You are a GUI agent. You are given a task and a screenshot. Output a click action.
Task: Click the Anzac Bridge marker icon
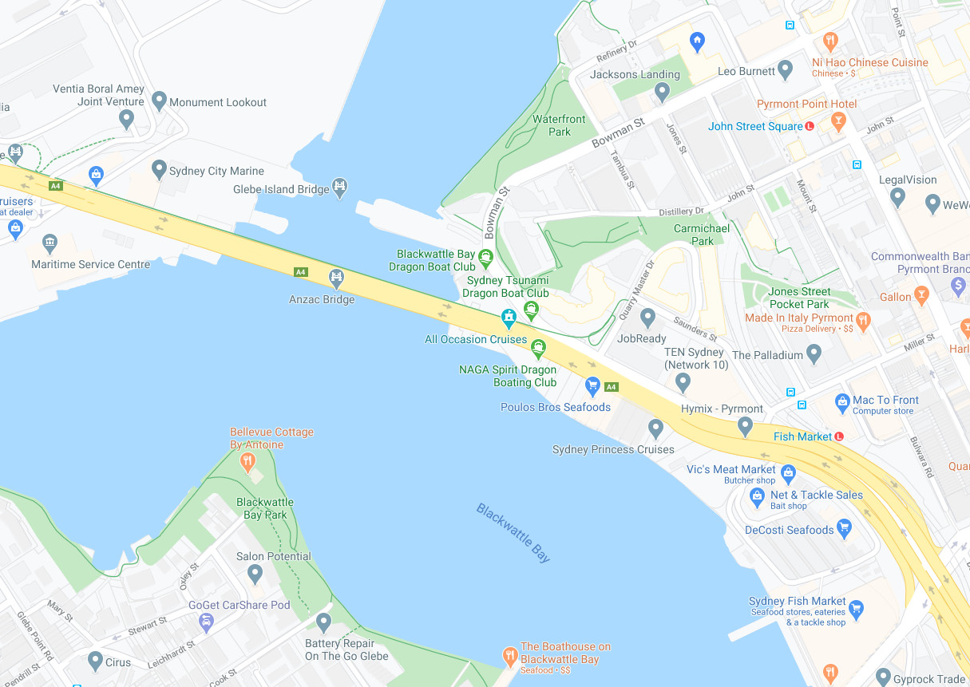336,278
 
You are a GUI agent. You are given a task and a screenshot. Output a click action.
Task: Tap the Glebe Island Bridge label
280,190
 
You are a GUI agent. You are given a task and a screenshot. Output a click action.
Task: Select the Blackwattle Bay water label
513,533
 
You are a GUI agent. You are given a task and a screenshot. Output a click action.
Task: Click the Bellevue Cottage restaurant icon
248,460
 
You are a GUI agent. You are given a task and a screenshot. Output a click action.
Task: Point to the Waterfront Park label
559,125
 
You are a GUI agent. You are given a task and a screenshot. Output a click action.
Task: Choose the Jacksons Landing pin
661,93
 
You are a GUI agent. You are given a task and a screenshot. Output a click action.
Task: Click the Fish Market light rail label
802,436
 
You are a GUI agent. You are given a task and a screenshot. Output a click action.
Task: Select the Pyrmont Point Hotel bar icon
837,121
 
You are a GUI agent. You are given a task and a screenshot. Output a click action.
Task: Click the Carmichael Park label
702,235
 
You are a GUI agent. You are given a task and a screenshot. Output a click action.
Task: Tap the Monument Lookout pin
159,101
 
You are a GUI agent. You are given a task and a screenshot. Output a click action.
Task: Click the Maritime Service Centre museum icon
50,243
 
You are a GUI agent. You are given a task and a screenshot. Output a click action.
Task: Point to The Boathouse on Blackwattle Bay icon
510,657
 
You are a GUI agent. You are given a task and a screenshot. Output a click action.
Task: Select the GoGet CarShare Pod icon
206,622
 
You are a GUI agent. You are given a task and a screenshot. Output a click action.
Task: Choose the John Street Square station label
755,126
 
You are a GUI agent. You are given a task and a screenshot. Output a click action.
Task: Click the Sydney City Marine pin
159,169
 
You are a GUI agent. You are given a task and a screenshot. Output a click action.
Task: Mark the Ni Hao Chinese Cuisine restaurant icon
830,41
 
